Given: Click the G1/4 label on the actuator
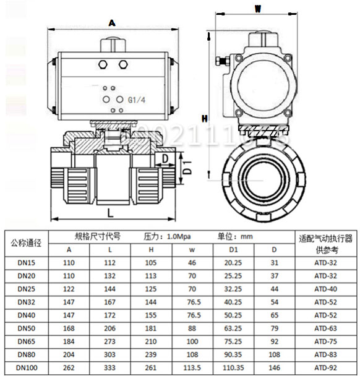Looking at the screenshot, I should click(x=137, y=100).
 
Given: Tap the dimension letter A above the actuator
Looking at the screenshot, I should click(x=111, y=23).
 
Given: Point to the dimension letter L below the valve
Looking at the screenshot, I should click(x=110, y=212).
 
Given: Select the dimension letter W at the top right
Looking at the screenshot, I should click(x=258, y=9).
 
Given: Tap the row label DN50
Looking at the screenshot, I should click(x=26, y=328).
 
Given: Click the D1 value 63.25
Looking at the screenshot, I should click(x=233, y=328).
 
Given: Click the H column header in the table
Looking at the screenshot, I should click(x=151, y=249).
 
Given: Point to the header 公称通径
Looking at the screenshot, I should click(x=26, y=242).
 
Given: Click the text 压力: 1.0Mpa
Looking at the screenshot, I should click(x=166, y=236).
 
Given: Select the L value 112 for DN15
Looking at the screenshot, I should click(x=110, y=262).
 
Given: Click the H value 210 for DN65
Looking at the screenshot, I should click(x=151, y=342).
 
